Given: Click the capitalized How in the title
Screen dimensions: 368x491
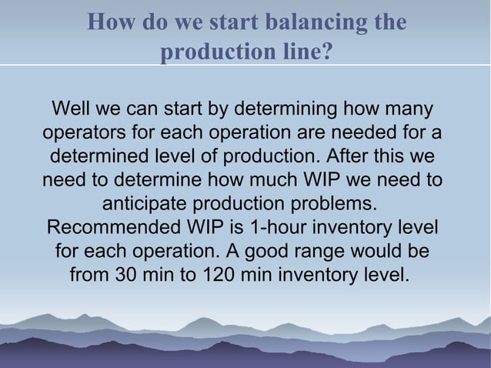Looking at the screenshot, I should click(x=108, y=22).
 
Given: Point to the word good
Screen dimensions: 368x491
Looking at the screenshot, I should click(x=279, y=253).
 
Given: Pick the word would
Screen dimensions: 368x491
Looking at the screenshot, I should click(x=385, y=253).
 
